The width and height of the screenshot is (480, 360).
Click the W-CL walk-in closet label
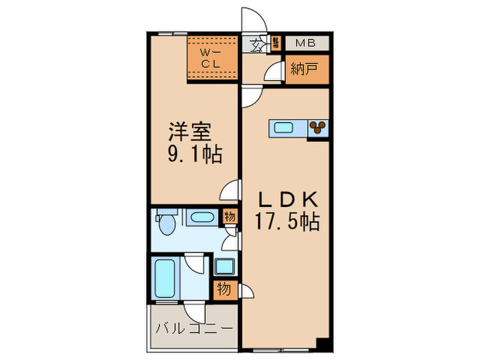(x=209, y=59)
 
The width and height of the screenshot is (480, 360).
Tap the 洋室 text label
(x=190, y=131)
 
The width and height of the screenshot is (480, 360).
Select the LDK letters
(x=287, y=200)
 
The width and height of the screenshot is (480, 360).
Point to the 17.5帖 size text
(x=287, y=222)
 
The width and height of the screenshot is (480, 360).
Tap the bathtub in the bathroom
(x=165, y=278)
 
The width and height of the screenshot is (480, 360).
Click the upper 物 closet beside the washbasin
(x=230, y=217)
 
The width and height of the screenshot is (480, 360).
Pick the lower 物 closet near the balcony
(x=224, y=289)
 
